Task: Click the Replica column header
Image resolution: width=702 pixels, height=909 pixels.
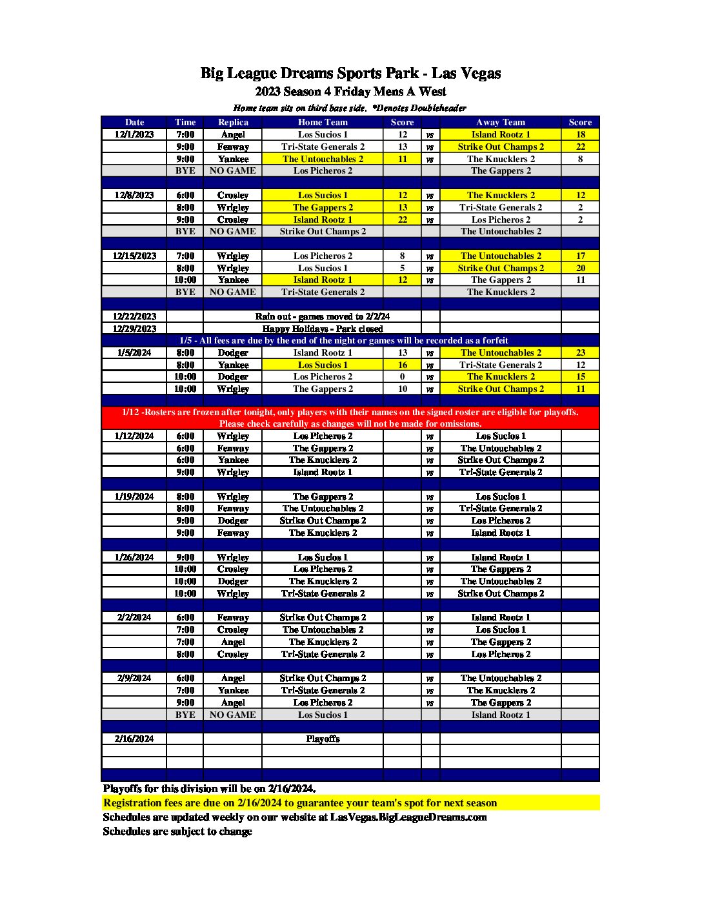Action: (233, 122)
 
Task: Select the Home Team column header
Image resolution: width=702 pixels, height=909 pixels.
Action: (323, 122)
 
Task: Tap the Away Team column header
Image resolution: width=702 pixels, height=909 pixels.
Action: (501, 122)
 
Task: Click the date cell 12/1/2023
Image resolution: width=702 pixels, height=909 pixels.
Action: (134, 134)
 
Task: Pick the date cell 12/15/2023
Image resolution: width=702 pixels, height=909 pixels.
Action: (134, 256)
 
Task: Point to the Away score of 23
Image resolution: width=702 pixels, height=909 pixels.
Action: (581, 352)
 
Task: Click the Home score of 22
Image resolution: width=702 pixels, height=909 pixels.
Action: (403, 220)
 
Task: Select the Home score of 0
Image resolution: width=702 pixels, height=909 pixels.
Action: (403, 376)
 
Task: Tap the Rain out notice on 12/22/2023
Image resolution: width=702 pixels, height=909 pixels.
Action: (323, 316)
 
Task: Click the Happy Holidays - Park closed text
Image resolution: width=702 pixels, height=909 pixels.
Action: (323, 329)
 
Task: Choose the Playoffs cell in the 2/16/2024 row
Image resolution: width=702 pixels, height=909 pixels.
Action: (323, 739)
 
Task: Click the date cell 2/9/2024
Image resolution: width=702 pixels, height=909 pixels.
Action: (134, 678)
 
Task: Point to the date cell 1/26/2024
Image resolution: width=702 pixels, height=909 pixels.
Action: (134, 557)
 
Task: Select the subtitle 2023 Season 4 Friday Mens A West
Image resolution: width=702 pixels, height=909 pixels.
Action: (350, 92)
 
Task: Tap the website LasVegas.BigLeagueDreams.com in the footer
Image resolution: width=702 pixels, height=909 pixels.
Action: (408, 817)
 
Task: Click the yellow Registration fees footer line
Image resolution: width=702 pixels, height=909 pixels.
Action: (300, 803)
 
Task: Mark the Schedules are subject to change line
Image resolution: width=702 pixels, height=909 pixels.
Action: (177, 832)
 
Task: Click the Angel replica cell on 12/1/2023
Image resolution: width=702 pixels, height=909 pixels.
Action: (233, 134)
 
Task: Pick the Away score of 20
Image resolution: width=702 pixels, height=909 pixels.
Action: (581, 268)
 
